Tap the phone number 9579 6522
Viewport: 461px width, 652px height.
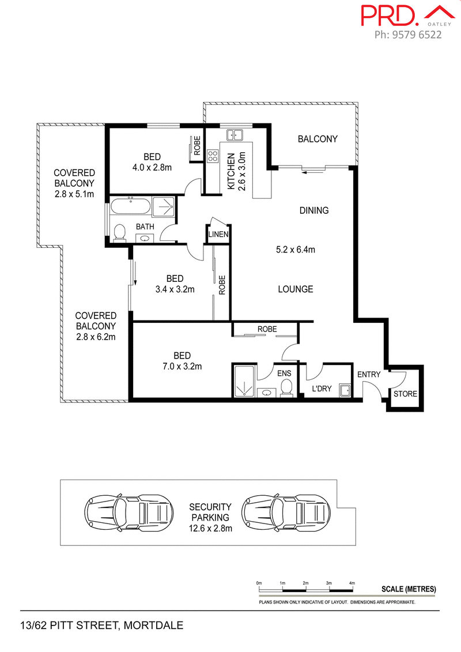coord(408,35)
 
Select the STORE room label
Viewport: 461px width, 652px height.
coord(406,394)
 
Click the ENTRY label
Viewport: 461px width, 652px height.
coord(369,375)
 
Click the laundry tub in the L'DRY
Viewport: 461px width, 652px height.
coord(345,391)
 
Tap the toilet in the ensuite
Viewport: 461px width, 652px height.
coord(286,390)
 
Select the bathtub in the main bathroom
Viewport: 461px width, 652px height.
coord(131,206)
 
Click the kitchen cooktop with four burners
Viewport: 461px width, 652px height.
coord(213,156)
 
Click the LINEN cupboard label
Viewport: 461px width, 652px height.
coord(219,235)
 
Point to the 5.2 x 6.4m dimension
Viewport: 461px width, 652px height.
coord(296,250)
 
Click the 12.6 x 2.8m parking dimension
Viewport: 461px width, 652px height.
coord(210,528)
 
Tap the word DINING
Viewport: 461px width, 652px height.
coord(313,210)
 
